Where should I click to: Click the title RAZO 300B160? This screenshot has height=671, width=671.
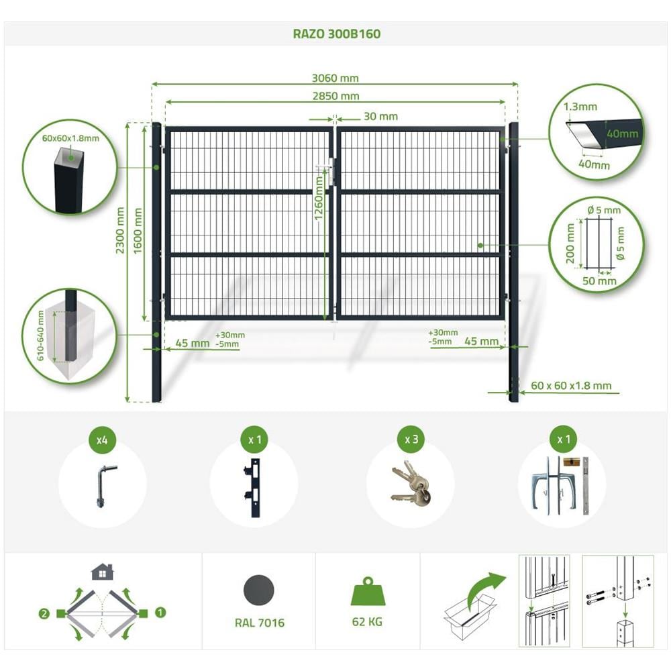coord(336,34)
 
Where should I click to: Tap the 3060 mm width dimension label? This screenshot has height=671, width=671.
coord(335,78)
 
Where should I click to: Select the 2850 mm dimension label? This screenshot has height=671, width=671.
coord(335,96)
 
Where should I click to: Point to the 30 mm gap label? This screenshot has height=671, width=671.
coord(380,116)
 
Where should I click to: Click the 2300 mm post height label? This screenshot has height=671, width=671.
coord(120,230)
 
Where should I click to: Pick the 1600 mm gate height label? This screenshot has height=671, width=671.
coord(138,231)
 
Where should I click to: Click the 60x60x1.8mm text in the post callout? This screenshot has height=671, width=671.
coord(70,138)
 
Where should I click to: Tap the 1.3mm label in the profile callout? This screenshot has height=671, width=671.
coord(580,107)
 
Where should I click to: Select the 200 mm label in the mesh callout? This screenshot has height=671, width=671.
coord(570,244)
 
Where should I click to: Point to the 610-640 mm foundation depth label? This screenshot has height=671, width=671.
coord(40,335)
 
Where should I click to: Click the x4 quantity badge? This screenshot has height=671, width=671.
coord(102,440)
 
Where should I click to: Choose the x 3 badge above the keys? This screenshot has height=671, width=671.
coord(411,440)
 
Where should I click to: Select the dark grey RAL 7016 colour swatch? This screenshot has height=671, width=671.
coord(259,590)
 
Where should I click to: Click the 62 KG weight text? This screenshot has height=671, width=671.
coord(367,622)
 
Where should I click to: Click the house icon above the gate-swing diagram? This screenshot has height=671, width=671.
coord(103,572)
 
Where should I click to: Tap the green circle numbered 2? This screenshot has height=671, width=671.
coord(44,614)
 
